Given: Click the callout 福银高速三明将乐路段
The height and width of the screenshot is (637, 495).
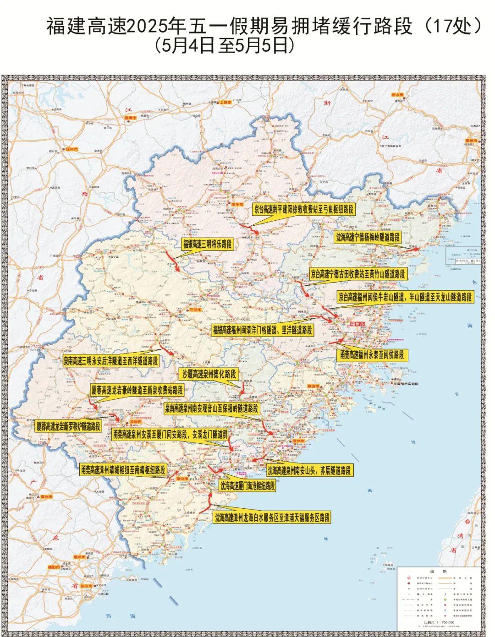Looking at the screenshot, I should [x=208, y=245].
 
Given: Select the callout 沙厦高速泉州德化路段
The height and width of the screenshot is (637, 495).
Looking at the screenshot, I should [x=209, y=374].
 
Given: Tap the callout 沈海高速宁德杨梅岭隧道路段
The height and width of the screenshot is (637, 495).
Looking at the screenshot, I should [x=367, y=237].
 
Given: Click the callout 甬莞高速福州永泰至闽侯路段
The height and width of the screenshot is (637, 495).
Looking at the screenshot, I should [x=372, y=354].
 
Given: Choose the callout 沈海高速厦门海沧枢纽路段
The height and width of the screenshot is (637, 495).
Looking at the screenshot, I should [x=247, y=486].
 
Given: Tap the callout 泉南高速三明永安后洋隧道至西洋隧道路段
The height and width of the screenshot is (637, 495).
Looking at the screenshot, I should [x=111, y=360].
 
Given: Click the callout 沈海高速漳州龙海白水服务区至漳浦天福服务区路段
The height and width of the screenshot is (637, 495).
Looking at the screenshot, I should [x=272, y=518].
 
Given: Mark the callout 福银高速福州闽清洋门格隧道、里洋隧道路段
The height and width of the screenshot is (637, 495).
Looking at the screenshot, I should [x=263, y=330].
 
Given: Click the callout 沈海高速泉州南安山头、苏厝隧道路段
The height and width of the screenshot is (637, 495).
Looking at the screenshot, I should [x=309, y=470].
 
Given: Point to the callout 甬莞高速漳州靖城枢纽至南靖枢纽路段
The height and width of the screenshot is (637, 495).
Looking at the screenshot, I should [x=122, y=470].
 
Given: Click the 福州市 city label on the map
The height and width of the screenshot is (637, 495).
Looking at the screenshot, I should [x=356, y=324].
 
